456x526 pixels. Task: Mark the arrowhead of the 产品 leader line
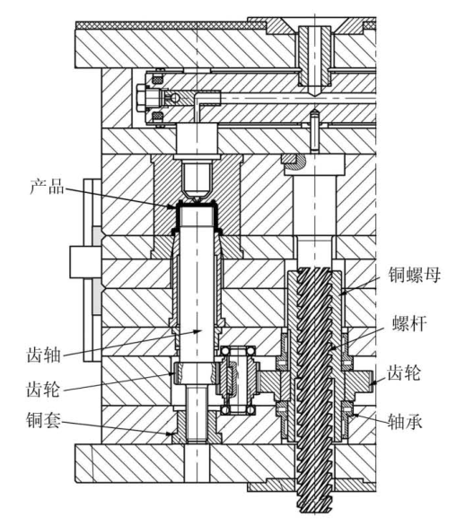point(179,207)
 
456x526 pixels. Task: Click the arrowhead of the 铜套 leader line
point(176,434)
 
